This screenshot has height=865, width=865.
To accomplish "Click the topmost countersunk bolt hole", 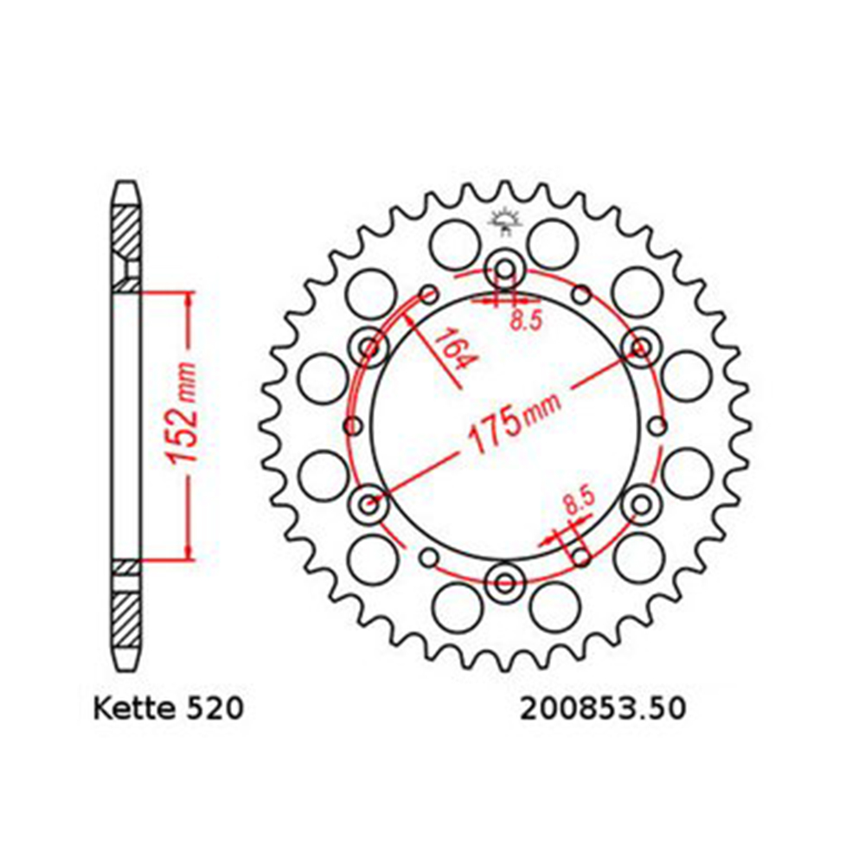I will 503,269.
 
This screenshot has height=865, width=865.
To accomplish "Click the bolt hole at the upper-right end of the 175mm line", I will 641,348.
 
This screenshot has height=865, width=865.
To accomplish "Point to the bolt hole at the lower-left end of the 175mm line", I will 370,502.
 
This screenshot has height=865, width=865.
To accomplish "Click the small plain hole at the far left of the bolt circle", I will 352,426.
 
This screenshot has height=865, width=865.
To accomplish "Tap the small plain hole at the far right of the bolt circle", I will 658,426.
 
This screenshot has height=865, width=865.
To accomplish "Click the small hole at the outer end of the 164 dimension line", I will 427,296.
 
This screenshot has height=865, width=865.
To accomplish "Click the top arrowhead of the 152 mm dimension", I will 186,298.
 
